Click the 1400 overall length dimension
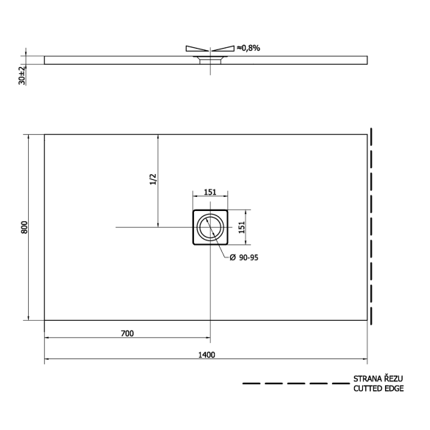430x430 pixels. point(207,355)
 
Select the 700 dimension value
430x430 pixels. point(128,333)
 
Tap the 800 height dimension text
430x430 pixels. point(24,227)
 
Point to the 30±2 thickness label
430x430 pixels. point(22,75)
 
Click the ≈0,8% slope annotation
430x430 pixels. point(249,48)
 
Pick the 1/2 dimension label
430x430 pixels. point(153,179)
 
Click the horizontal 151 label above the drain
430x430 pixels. point(210,192)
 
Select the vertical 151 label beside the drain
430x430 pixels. point(241,227)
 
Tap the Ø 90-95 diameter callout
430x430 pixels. point(244,257)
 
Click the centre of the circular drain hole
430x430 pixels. point(210,227)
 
